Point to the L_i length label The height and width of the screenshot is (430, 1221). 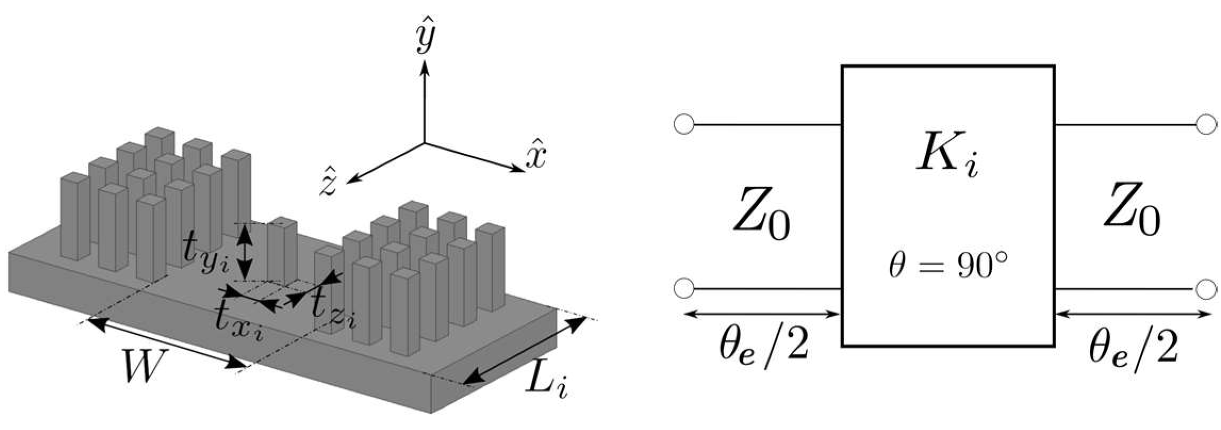[546, 383]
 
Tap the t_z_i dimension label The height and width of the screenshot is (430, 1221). [333, 310]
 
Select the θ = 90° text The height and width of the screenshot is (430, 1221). [948, 266]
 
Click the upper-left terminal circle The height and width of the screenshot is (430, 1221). [684, 125]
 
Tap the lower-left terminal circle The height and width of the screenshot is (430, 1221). [684, 289]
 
